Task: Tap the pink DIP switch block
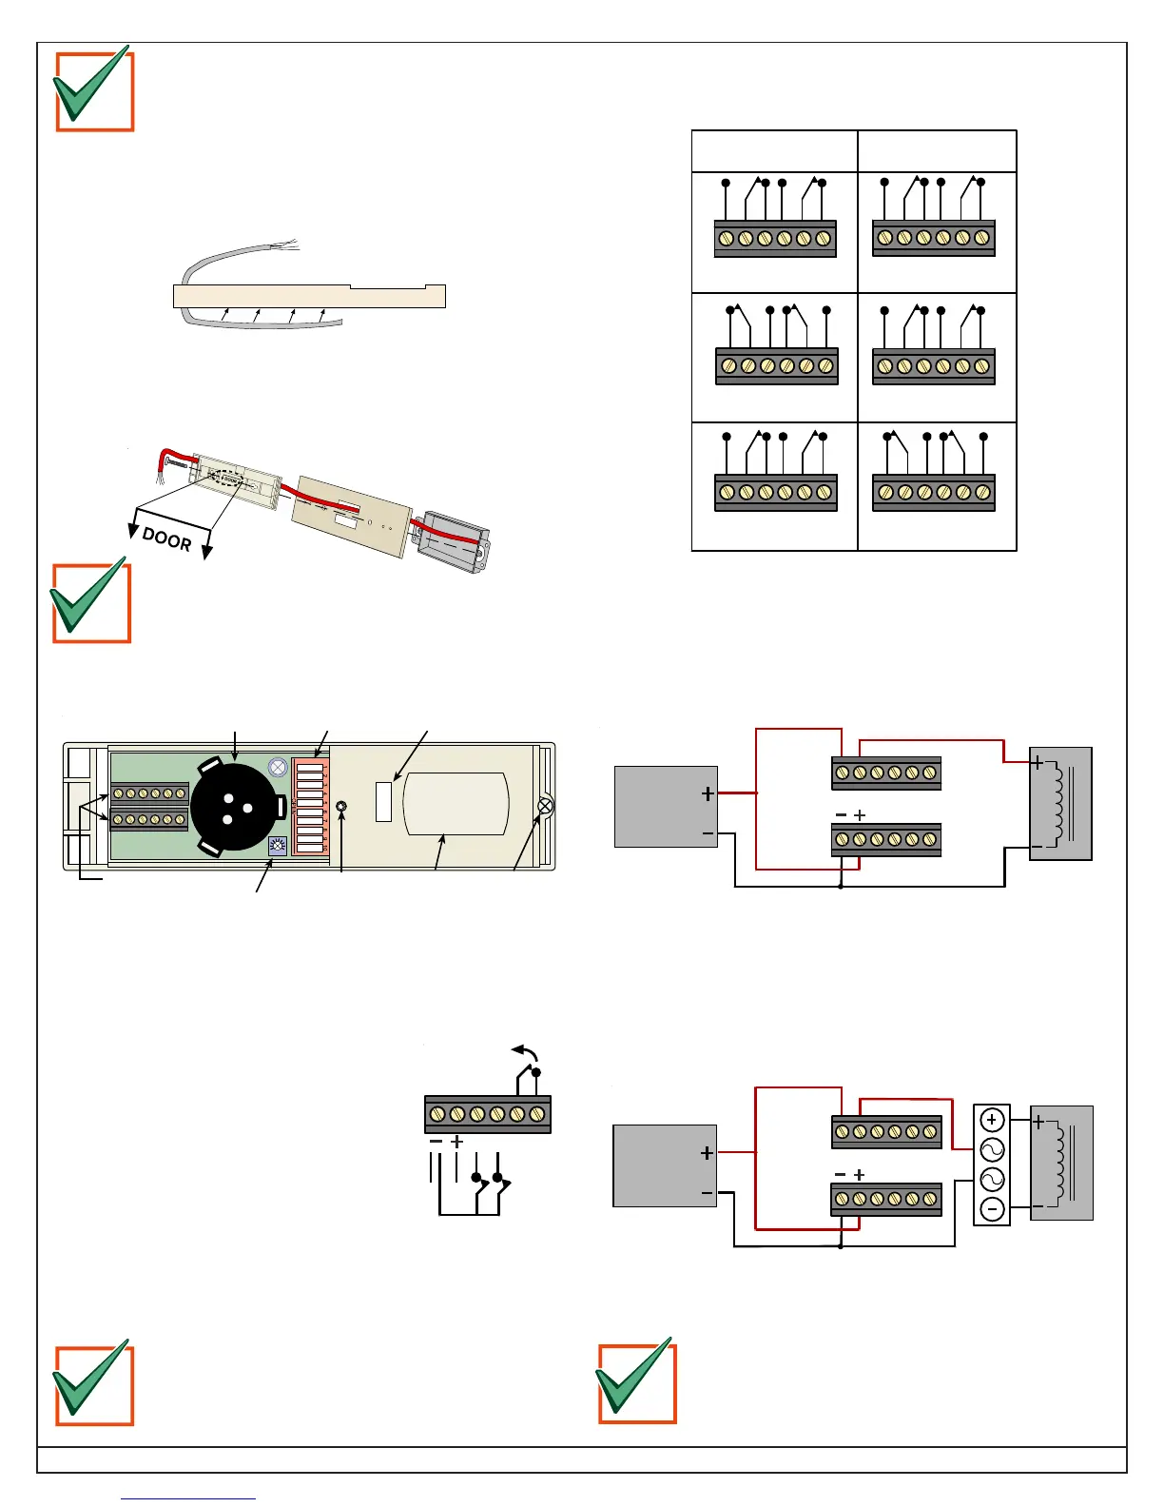[310, 806]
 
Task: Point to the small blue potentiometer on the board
[278, 846]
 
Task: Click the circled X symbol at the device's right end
[545, 807]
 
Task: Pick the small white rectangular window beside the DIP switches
[384, 801]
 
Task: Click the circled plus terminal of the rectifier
[992, 1120]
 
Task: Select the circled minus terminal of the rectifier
[992, 1209]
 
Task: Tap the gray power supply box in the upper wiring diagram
[666, 807]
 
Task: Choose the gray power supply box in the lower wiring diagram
[664, 1165]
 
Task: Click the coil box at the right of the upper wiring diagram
[1060, 804]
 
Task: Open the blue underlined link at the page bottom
[188, 1498]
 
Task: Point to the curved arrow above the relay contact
[526, 1051]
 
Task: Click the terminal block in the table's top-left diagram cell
[775, 239]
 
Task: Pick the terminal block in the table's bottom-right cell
[934, 493]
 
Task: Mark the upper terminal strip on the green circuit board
[149, 793]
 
